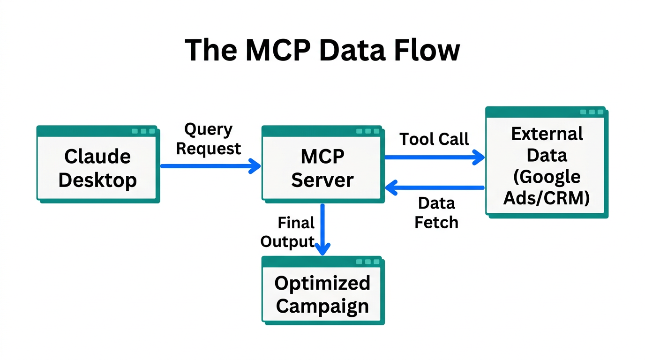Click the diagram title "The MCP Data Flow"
(322, 50)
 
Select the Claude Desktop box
(97, 164)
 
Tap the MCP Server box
(322, 164)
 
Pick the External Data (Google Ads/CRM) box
(546, 162)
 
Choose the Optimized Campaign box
(322, 290)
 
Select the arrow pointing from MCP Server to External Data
(434, 157)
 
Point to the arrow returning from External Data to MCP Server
(434, 188)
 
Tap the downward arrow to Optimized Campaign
(322, 230)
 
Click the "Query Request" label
(208, 139)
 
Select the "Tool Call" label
(434, 139)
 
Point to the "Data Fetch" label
(436, 212)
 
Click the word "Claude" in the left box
(97, 156)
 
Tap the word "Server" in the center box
(322, 180)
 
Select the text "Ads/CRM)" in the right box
(547, 198)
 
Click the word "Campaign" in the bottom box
(322, 306)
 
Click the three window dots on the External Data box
(592, 112)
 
